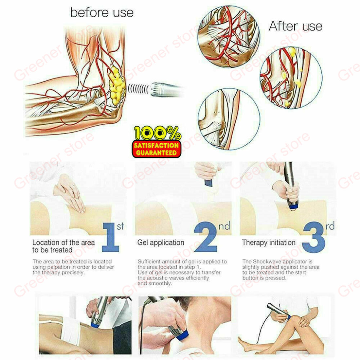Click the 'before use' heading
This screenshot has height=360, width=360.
click(x=102, y=13)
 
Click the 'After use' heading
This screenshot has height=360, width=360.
click(x=296, y=26)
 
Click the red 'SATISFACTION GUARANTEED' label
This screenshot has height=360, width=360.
click(x=156, y=149)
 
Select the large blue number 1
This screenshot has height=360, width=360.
click(x=111, y=237)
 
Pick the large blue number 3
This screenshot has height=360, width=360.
click(x=314, y=237)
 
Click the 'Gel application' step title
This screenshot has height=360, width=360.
click(x=161, y=243)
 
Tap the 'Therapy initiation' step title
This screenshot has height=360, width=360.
click(x=269, y=243)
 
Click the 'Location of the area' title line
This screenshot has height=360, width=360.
click(x=63, y=243)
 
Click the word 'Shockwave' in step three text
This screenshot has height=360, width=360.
click(x=268, y=261)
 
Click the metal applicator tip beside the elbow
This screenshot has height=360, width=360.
click(x=165, y=89)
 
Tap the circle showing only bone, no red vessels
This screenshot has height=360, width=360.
click(x=229, y=119)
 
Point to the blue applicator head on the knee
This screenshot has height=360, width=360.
click(x=288, y=317)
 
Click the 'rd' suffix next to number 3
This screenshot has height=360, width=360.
click(x=330, y=226)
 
